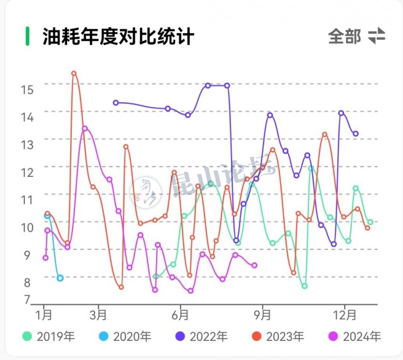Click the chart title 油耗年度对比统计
pyautogui.click(x=118, y=37)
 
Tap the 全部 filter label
pyautogui.click(x=345, y=36)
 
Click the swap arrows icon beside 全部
pyautogui.click(x=377, y=36)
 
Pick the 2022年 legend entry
pyautogui.click(x=202, y=337)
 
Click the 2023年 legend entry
pyautogui.click(x=278, y=337)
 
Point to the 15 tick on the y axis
pyautogui.click(x=27, y=89)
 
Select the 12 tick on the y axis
pyautogui.click(x=27, y=172)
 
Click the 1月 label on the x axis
pyautogui.click(x=44, y=314)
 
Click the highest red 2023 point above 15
pyautogui.click(x=74, y=73)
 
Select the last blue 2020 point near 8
pyautogui.click(x=60, y=278)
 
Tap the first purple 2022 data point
pyautogui.click(x=116, y=102)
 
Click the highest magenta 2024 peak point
pyautogui.click(x=85, y=128)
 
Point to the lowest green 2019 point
pyautogui.click(x=305, y=286)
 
